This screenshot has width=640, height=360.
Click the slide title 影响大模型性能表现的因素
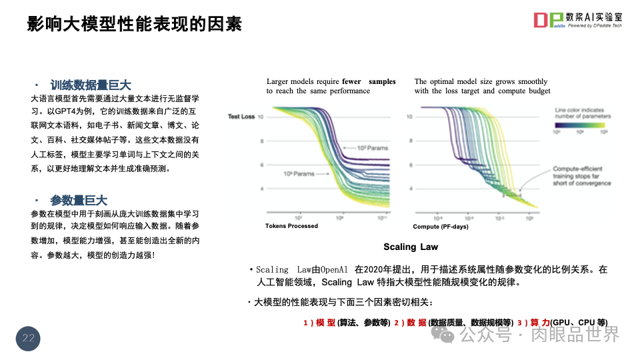tap(134, 25)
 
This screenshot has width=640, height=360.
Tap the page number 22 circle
tap(28, 338)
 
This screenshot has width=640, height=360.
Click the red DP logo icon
tap(548, 20)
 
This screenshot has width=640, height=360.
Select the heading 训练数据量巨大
tap(91, 85)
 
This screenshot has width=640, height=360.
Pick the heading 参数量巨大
tap(79, 201)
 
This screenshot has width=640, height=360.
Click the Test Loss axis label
tap(241, 117)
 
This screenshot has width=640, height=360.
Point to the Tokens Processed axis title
tap(291, 226)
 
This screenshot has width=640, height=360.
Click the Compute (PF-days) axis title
tap(441, 227)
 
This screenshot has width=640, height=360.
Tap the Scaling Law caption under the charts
tap(411, 247)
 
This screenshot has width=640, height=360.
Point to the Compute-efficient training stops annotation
tap(581, 176)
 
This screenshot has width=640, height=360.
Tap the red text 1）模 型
tap(319, 323)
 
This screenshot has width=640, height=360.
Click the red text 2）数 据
tap(409, 323)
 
